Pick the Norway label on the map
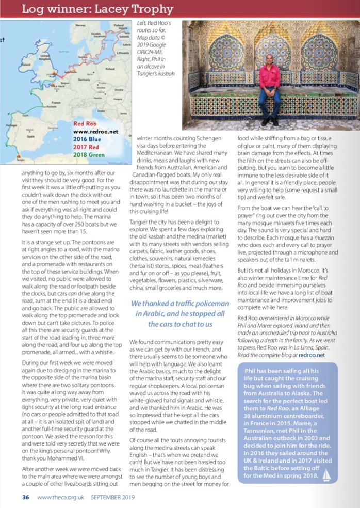(x=80, y=25)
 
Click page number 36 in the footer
(x=25, y=498)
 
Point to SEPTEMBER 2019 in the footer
(x=117, y=498)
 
